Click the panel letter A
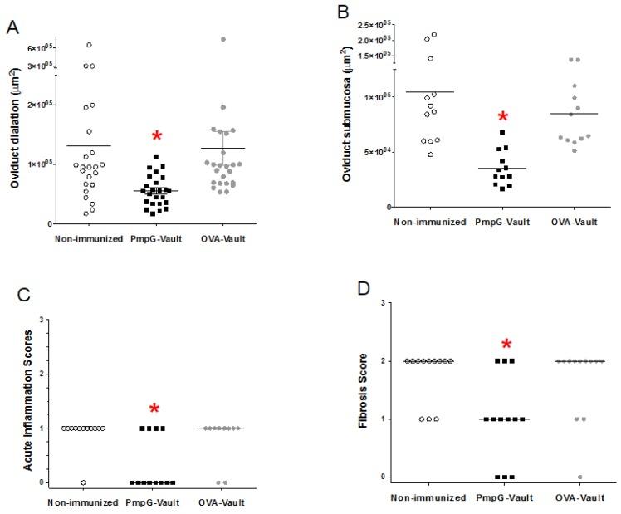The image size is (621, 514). (13, 27)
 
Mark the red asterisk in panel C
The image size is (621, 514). (155, 409)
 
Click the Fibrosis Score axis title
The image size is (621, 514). (363, 391)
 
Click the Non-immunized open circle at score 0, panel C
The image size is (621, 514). (83, 482)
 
